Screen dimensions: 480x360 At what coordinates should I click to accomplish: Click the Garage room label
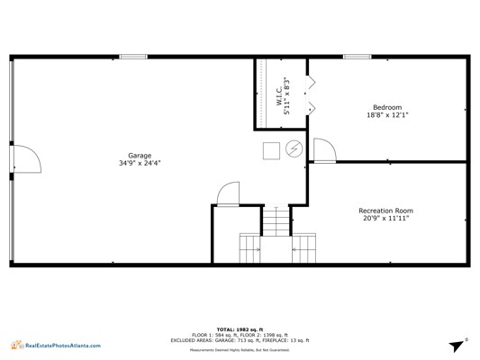coord(140,156)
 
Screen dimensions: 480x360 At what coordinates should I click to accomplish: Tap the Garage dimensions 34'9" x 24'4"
coord(140,163)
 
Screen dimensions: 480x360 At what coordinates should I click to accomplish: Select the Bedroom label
coord(387,107)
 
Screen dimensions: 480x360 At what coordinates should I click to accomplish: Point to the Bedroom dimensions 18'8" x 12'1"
coord(387,115)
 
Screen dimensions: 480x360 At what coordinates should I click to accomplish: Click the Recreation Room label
coord(385,211)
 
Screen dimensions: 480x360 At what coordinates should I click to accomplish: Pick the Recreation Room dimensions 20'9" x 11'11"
coord(385,218)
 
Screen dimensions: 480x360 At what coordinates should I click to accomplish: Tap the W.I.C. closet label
coord(279,96)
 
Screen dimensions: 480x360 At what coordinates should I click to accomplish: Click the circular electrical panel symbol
coord(294,148)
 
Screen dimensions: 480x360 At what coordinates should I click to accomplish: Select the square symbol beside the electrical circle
coord(271,151)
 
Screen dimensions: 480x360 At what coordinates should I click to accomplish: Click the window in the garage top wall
coord(133,57)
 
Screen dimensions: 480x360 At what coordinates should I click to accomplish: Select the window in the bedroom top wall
coord(357,57)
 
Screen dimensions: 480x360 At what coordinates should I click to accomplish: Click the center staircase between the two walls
coord(276,221)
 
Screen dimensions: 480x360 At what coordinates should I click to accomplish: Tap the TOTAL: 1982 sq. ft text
coord(240,329)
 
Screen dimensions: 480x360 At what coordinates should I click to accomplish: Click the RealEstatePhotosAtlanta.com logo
coord(56,346)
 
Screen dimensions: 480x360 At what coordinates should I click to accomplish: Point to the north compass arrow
coord(457,346)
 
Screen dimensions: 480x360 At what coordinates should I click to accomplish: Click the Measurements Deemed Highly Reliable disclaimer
coord(240,350)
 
